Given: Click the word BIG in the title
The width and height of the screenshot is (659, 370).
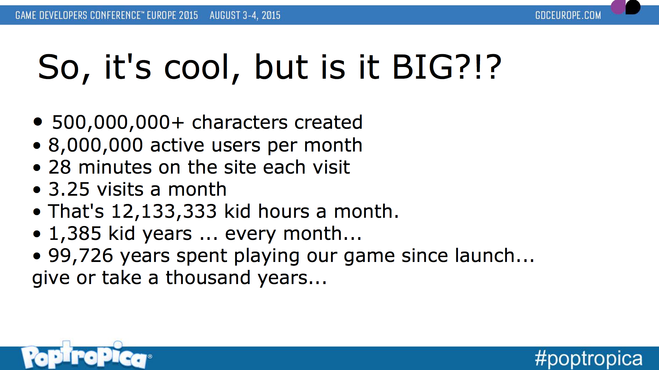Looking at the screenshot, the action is (422, 67).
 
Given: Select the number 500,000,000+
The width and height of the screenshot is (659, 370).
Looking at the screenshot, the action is (118, 123).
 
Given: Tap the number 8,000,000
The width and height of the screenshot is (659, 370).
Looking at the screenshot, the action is (96, 145).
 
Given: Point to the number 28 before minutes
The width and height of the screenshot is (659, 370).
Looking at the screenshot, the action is (59, 167).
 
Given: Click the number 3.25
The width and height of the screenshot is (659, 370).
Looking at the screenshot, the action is (69, 189).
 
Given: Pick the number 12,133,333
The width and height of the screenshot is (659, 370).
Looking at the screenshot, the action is (164, 212).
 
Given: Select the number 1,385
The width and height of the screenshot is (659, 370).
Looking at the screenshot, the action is (75, 234).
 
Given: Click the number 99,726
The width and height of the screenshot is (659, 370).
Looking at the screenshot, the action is (81, 256).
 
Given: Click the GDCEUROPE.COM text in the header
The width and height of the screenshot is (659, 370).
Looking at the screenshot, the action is (568, 16).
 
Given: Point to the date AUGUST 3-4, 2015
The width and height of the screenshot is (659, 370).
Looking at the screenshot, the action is (245, 16).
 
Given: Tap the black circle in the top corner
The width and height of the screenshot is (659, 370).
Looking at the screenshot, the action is (632, 7).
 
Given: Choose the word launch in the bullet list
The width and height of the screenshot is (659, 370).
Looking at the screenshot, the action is (485, 256).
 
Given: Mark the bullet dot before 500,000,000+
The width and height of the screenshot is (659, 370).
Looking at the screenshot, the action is (38, 121).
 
